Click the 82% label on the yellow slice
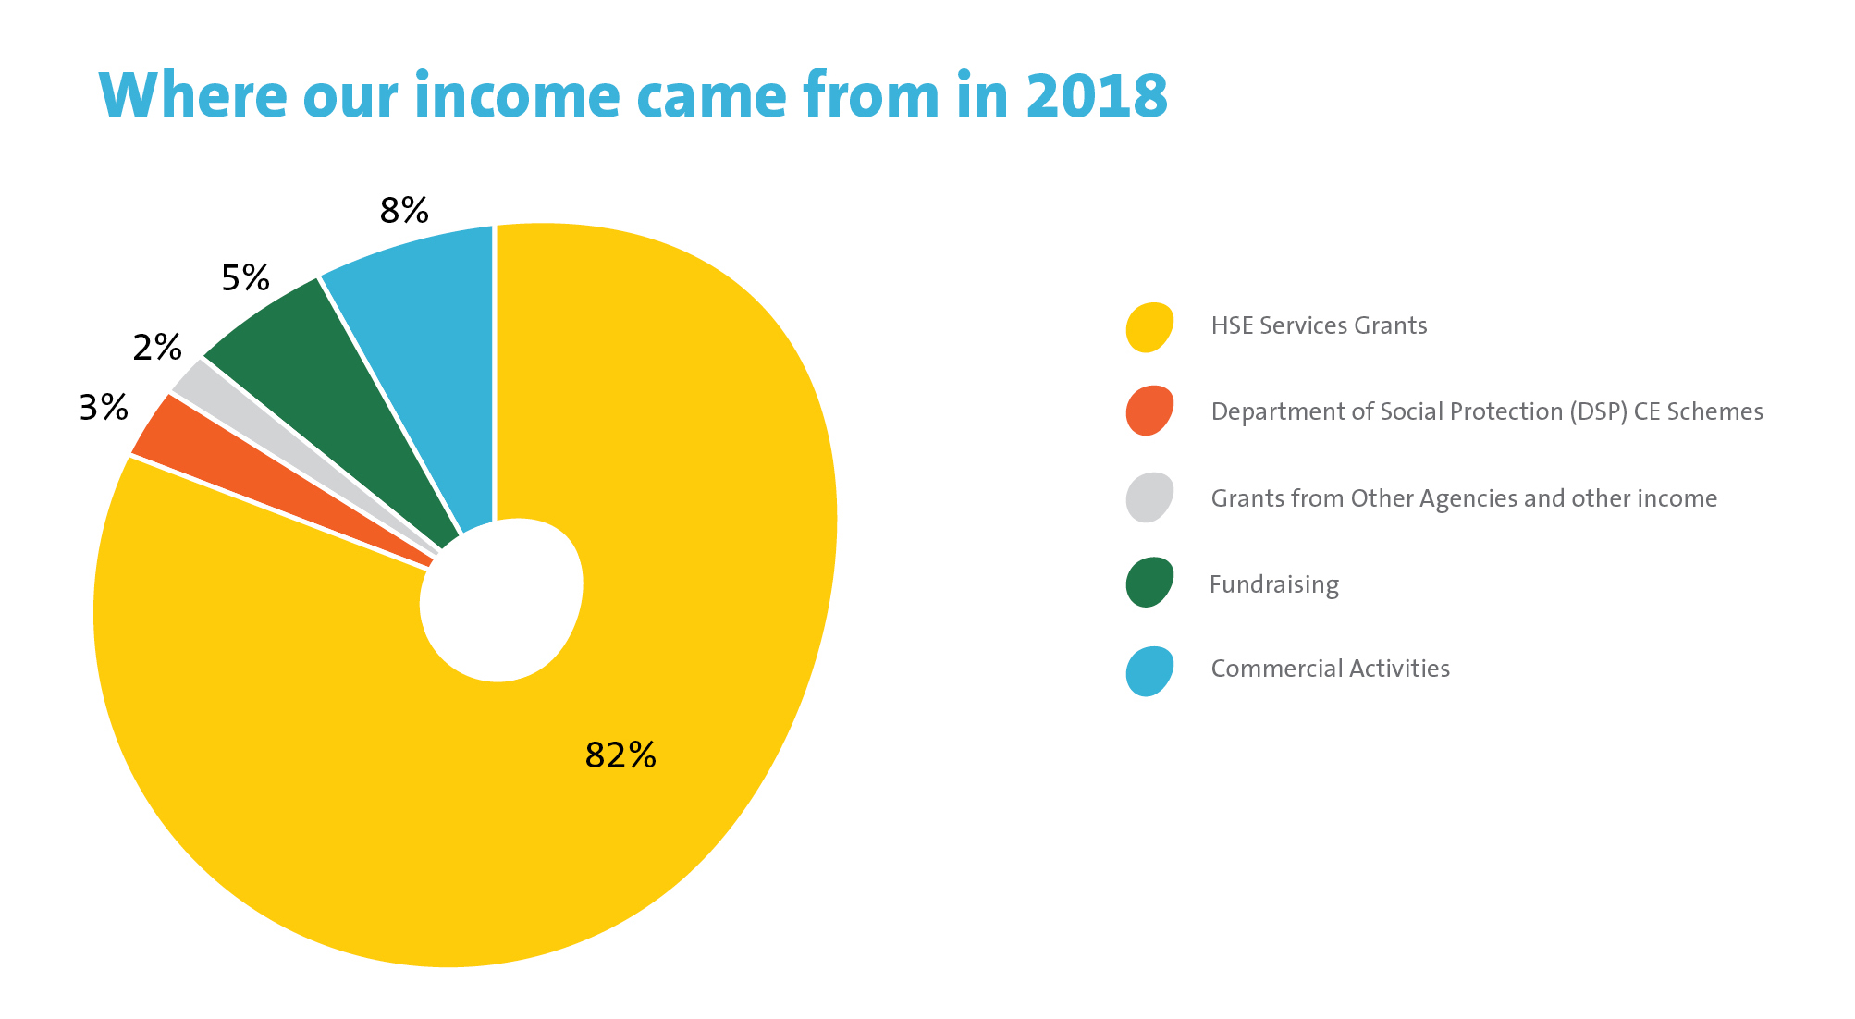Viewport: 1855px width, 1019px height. coord(620,755)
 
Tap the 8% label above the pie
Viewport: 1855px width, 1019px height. coord(404,211)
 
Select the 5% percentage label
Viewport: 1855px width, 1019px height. coord(245,277)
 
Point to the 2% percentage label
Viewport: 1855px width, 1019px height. coord(157,348)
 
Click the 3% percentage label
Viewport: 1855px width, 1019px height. coord(104,408)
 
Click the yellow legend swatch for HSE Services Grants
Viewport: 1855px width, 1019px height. coord(1149,326)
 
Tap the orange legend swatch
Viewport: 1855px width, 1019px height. coord(1149,411)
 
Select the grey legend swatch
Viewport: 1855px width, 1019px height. coord(1149,497)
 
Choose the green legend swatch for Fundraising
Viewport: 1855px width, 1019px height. coord(1149,583)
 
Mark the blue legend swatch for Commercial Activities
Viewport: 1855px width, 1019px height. coord(1149,670)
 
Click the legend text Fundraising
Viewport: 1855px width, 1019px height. coord(1273,585)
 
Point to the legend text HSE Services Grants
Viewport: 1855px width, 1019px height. coord(1319,326)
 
